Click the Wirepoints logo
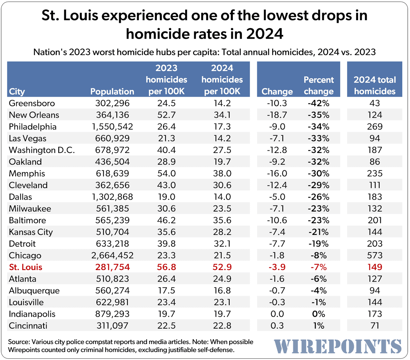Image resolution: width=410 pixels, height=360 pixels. tap(338, 346)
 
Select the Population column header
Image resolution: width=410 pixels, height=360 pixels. tap(112, 92)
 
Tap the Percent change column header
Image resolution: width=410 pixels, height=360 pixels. tap(318, 85)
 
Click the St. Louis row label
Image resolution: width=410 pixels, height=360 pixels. tap(26, 267)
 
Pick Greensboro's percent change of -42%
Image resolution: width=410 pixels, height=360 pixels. tap(318, 103)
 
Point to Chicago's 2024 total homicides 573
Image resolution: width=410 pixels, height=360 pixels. tap(374, 255)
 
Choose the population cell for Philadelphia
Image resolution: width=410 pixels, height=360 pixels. tap(112, 127)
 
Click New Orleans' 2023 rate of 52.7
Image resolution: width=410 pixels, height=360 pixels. tap(166, 115)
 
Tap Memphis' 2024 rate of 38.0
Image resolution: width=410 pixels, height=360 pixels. tap(222, 173)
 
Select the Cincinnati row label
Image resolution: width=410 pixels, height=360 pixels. tap(28, 326)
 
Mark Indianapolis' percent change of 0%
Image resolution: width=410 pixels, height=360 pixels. tap(318, 314)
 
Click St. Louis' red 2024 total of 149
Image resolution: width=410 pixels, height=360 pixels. tap(374, 267)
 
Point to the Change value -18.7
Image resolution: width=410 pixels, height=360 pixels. tap(277, 115)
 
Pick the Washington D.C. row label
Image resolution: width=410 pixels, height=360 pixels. tap(42, 150)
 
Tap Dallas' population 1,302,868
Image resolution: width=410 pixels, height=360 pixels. tap(112, 197)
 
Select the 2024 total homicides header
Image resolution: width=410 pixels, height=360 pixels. tap(374, 85)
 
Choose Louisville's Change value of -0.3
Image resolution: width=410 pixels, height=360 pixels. tap(277, 302)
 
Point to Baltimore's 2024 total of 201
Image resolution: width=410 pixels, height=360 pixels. tap(374, 220)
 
